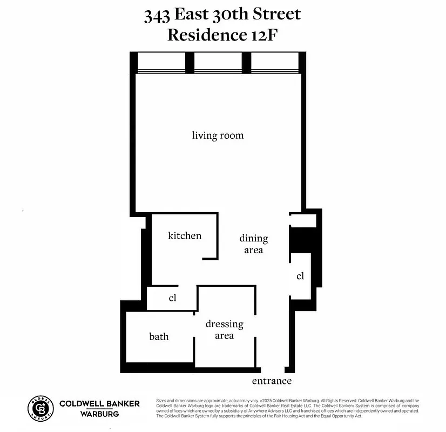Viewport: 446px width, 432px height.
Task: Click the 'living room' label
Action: tap(218, 136)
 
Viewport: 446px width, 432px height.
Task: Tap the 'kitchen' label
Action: tap(185, 235)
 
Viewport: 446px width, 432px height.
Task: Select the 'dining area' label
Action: tap(253, 244)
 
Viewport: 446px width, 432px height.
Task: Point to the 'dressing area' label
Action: tap(224, 330)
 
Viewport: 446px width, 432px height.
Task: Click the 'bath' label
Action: tap(159, 336)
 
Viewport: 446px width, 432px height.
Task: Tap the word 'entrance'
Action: tap(272, 381)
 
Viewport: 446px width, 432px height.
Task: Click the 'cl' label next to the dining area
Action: tap(300, 276)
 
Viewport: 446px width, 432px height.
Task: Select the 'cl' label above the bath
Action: tap(173, 298)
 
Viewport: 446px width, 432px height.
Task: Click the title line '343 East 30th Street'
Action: tap(222, 15)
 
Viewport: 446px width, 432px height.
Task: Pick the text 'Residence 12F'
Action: tap(222, 35)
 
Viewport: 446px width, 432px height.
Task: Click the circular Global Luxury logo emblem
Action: tap(40, 408)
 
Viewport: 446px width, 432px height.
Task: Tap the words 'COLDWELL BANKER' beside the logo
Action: tap(99, 403)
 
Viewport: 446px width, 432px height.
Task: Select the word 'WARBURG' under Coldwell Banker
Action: tap(99, 414)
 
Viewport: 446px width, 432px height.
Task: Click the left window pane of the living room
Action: tap(161, 63)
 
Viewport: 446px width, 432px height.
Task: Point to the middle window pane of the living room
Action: tap(218, 63)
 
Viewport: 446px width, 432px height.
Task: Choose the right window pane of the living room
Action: tap(274, 63)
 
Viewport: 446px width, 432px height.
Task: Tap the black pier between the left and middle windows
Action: tap(190, 63)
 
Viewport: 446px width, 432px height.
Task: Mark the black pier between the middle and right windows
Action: tap(246, 63)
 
